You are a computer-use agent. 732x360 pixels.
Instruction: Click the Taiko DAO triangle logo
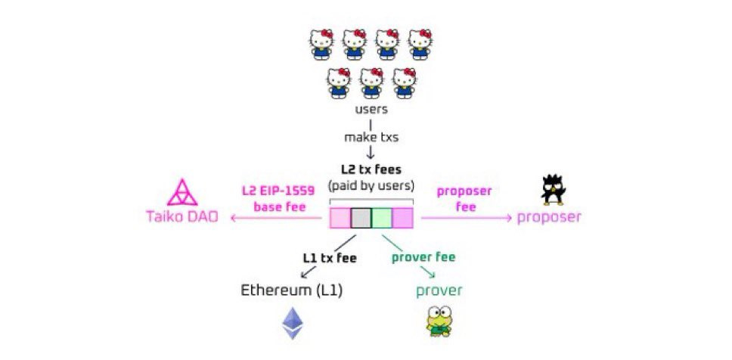[181, 193]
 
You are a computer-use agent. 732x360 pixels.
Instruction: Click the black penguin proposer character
[554, 190]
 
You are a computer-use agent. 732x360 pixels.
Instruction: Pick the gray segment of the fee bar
[361, 219]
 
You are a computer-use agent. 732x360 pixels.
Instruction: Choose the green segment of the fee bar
[382, 219]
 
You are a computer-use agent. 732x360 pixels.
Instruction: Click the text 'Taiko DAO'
[181, 218]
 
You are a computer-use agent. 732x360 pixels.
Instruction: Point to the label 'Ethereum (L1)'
[291, 290]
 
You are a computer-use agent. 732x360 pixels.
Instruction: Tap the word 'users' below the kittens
[371, 109]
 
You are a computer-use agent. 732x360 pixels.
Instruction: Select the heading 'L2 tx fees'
[371, 171]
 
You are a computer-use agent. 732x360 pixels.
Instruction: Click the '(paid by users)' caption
[371, 186]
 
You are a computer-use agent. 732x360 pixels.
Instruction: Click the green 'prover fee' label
[423, 257]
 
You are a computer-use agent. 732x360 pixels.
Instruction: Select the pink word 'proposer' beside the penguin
[549, 218]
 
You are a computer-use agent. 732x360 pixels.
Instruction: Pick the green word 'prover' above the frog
[439, 290]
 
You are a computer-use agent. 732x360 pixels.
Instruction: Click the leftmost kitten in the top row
[321, 44]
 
